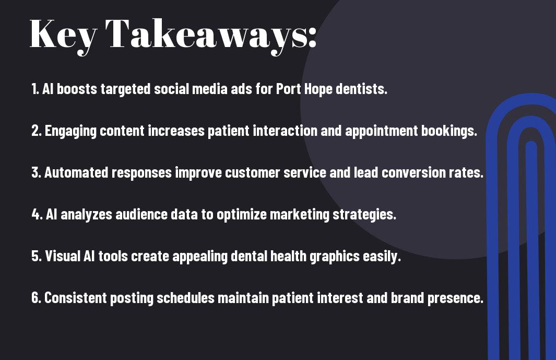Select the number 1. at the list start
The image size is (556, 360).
coord(35,89)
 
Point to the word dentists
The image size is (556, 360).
coord(361,89)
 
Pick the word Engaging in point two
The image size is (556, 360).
coord(70,131)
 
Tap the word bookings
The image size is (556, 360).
coord(449,131)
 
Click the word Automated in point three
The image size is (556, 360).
coord(76,172)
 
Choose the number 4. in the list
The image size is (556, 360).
coord(37,214)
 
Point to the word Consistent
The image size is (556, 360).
coord(76,298)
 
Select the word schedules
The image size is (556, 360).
coord(185,298)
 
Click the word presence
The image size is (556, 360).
coord(455,298)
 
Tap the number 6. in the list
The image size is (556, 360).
coord(37,298)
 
